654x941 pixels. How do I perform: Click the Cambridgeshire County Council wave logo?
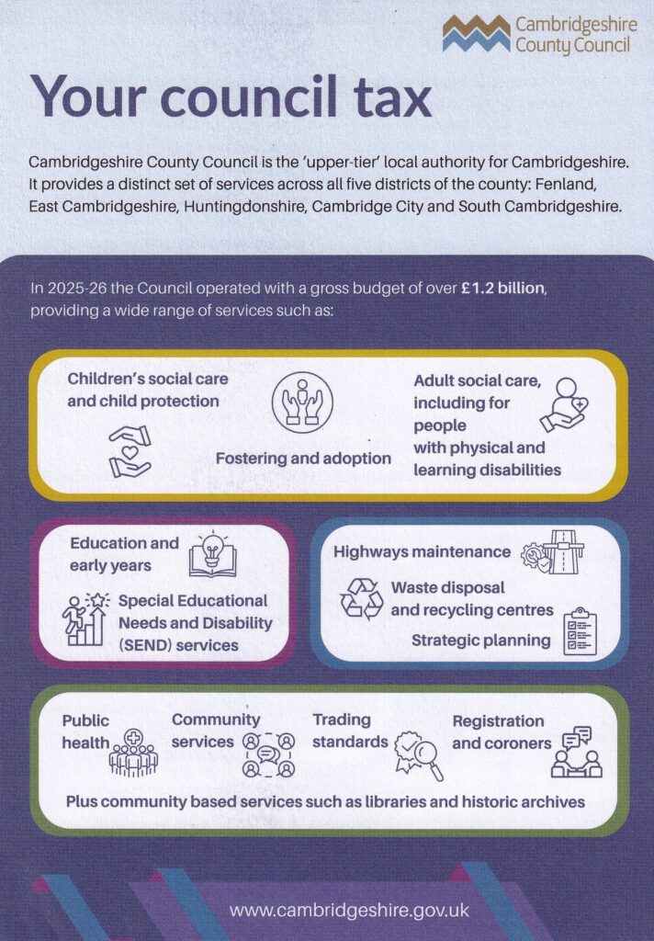coord(476,34)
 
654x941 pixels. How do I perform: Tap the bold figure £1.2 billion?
coord(502,289)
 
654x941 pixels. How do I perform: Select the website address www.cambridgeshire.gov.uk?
coord(349,910)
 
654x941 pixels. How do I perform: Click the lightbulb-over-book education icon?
coord(212,555)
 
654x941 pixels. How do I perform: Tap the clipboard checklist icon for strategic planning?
coord(580,630)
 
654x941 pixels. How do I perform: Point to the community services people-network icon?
coord(268,754)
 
